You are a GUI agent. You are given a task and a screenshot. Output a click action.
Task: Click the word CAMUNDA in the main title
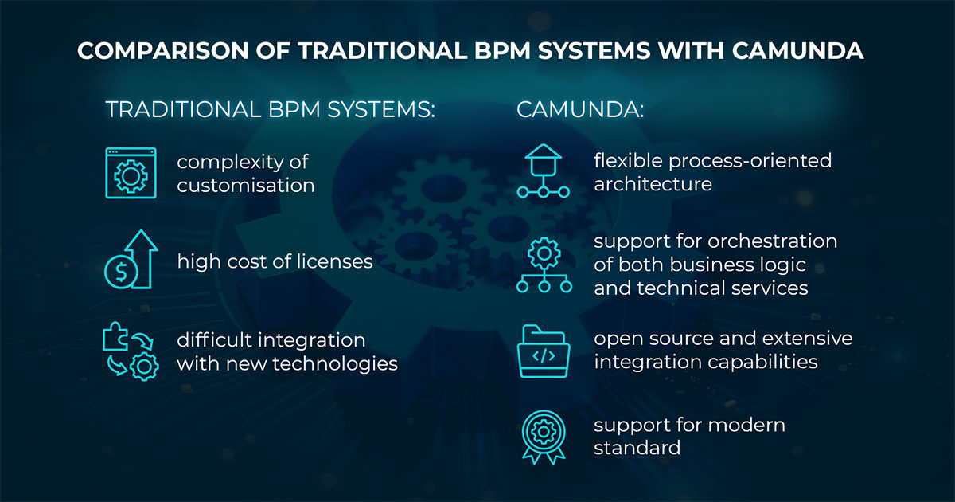(797, 51)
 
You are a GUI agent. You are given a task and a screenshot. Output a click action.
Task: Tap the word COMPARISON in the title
(163, 51)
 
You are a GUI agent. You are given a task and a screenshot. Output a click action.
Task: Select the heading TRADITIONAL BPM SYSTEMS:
(271, 109)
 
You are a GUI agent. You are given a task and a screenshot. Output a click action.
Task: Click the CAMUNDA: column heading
(580, 109)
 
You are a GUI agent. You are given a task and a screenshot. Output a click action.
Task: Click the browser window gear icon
(131, 173)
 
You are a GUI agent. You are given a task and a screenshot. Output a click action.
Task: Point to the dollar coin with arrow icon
(131, 259)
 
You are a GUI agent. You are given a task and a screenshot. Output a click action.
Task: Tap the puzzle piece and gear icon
(131, 351)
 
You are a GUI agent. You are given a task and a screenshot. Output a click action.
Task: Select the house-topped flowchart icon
(543, 171)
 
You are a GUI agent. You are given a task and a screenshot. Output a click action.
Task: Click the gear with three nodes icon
(544, 265)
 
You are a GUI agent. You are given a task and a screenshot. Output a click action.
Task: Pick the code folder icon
(543, 351)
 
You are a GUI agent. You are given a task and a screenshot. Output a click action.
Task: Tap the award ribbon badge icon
(544, 437)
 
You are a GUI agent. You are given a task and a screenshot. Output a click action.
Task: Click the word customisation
(246, 186)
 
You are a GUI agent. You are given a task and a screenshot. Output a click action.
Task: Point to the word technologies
(335, 364)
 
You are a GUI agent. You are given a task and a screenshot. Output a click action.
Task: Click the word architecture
(653, 184)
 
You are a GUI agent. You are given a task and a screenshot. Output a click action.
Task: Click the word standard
(637, 448)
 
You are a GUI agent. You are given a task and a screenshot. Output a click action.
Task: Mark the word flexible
(629, 160)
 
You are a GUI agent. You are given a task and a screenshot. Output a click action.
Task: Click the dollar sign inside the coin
(121, 272)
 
